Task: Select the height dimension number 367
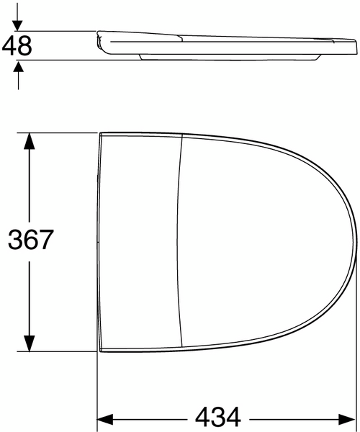point(31,240)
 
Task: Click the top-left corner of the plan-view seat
point(100,133)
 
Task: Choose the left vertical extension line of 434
point(97,389)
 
